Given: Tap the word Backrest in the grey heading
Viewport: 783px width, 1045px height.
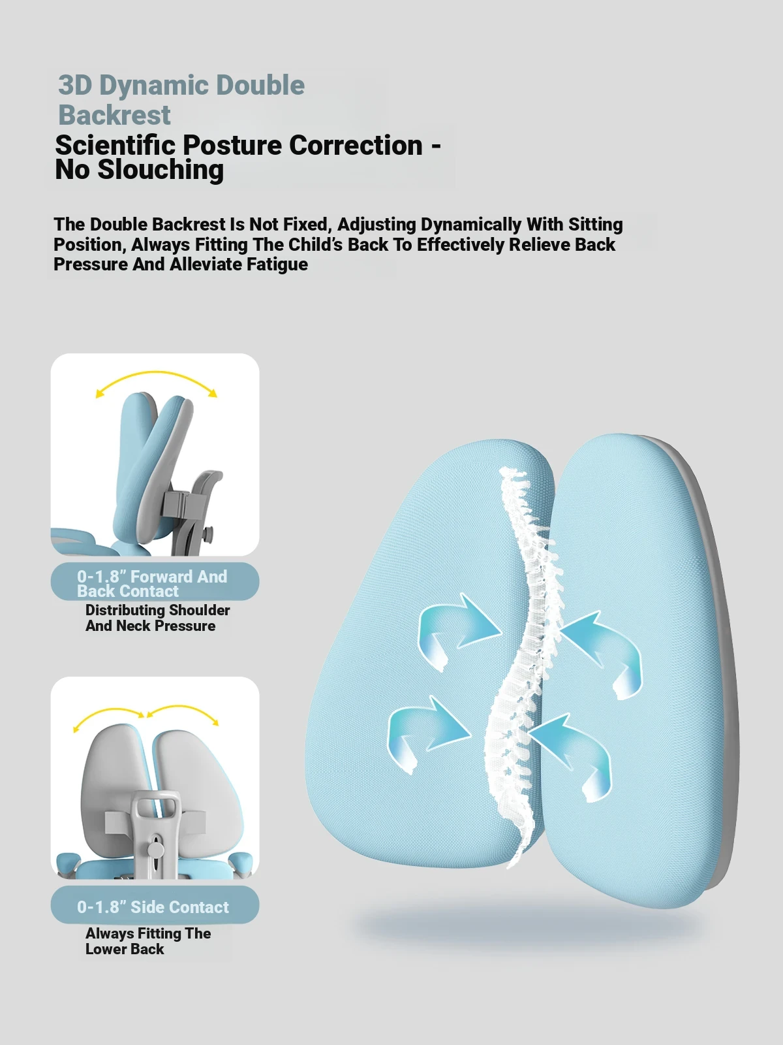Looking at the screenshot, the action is (x=114, y=115).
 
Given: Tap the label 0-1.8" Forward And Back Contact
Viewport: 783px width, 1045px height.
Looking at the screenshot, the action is (x=152, y=584).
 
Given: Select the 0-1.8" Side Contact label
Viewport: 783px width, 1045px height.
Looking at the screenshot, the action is (x=153, y=907).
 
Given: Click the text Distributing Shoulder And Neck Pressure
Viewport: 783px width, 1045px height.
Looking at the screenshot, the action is (x=157, y=618).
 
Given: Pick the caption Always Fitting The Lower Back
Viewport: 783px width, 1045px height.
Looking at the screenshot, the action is (x=148, y=941).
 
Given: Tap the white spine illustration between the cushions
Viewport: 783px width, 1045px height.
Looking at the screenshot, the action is (x=523, y=667).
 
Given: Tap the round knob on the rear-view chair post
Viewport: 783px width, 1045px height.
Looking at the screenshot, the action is (x=155, y=850).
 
